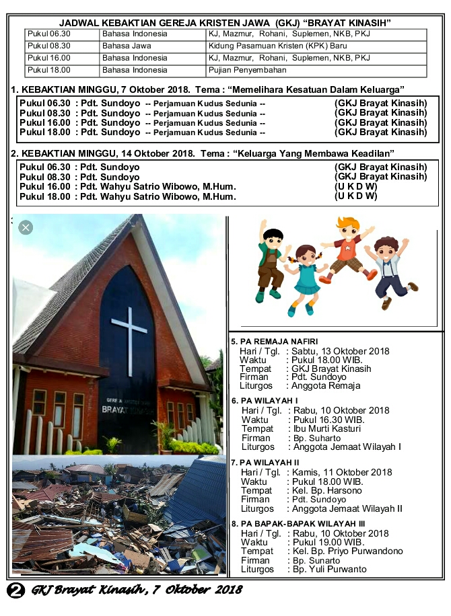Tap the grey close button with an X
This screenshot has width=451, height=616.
tap(26, 227)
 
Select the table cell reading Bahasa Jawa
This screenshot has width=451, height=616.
tap(127, 46)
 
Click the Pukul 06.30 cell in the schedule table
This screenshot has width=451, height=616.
tap(49, 34)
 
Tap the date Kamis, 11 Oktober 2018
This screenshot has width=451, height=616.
tap(341, 473)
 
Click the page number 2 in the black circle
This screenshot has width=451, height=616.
tap(15, 590)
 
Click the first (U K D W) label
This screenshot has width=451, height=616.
tap(356, 186)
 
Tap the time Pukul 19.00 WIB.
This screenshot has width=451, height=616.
tap(328, 542)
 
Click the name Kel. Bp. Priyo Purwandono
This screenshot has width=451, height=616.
tap(347, 551)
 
